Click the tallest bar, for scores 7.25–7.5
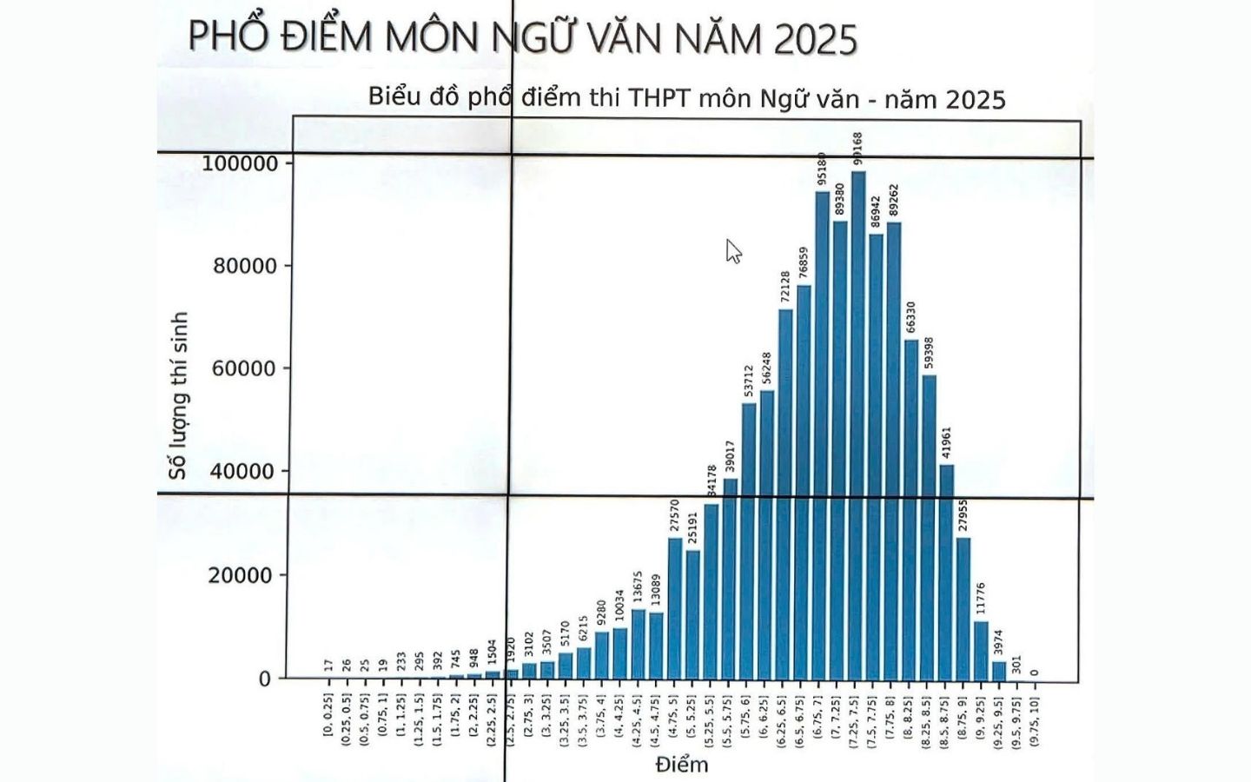tap(858, 426)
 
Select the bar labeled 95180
tap(822, 434)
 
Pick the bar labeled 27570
tap(675, 608)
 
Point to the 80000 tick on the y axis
tap(245, 266)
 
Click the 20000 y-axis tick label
tap(240, 575)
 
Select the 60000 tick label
tap(244, 368)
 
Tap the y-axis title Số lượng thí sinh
tap(178, 395)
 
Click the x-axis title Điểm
tap(682, 765)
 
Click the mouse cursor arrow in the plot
tap(733, 250)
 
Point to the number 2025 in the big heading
tap(815, 39)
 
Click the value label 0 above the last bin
tap(1035, 672)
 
